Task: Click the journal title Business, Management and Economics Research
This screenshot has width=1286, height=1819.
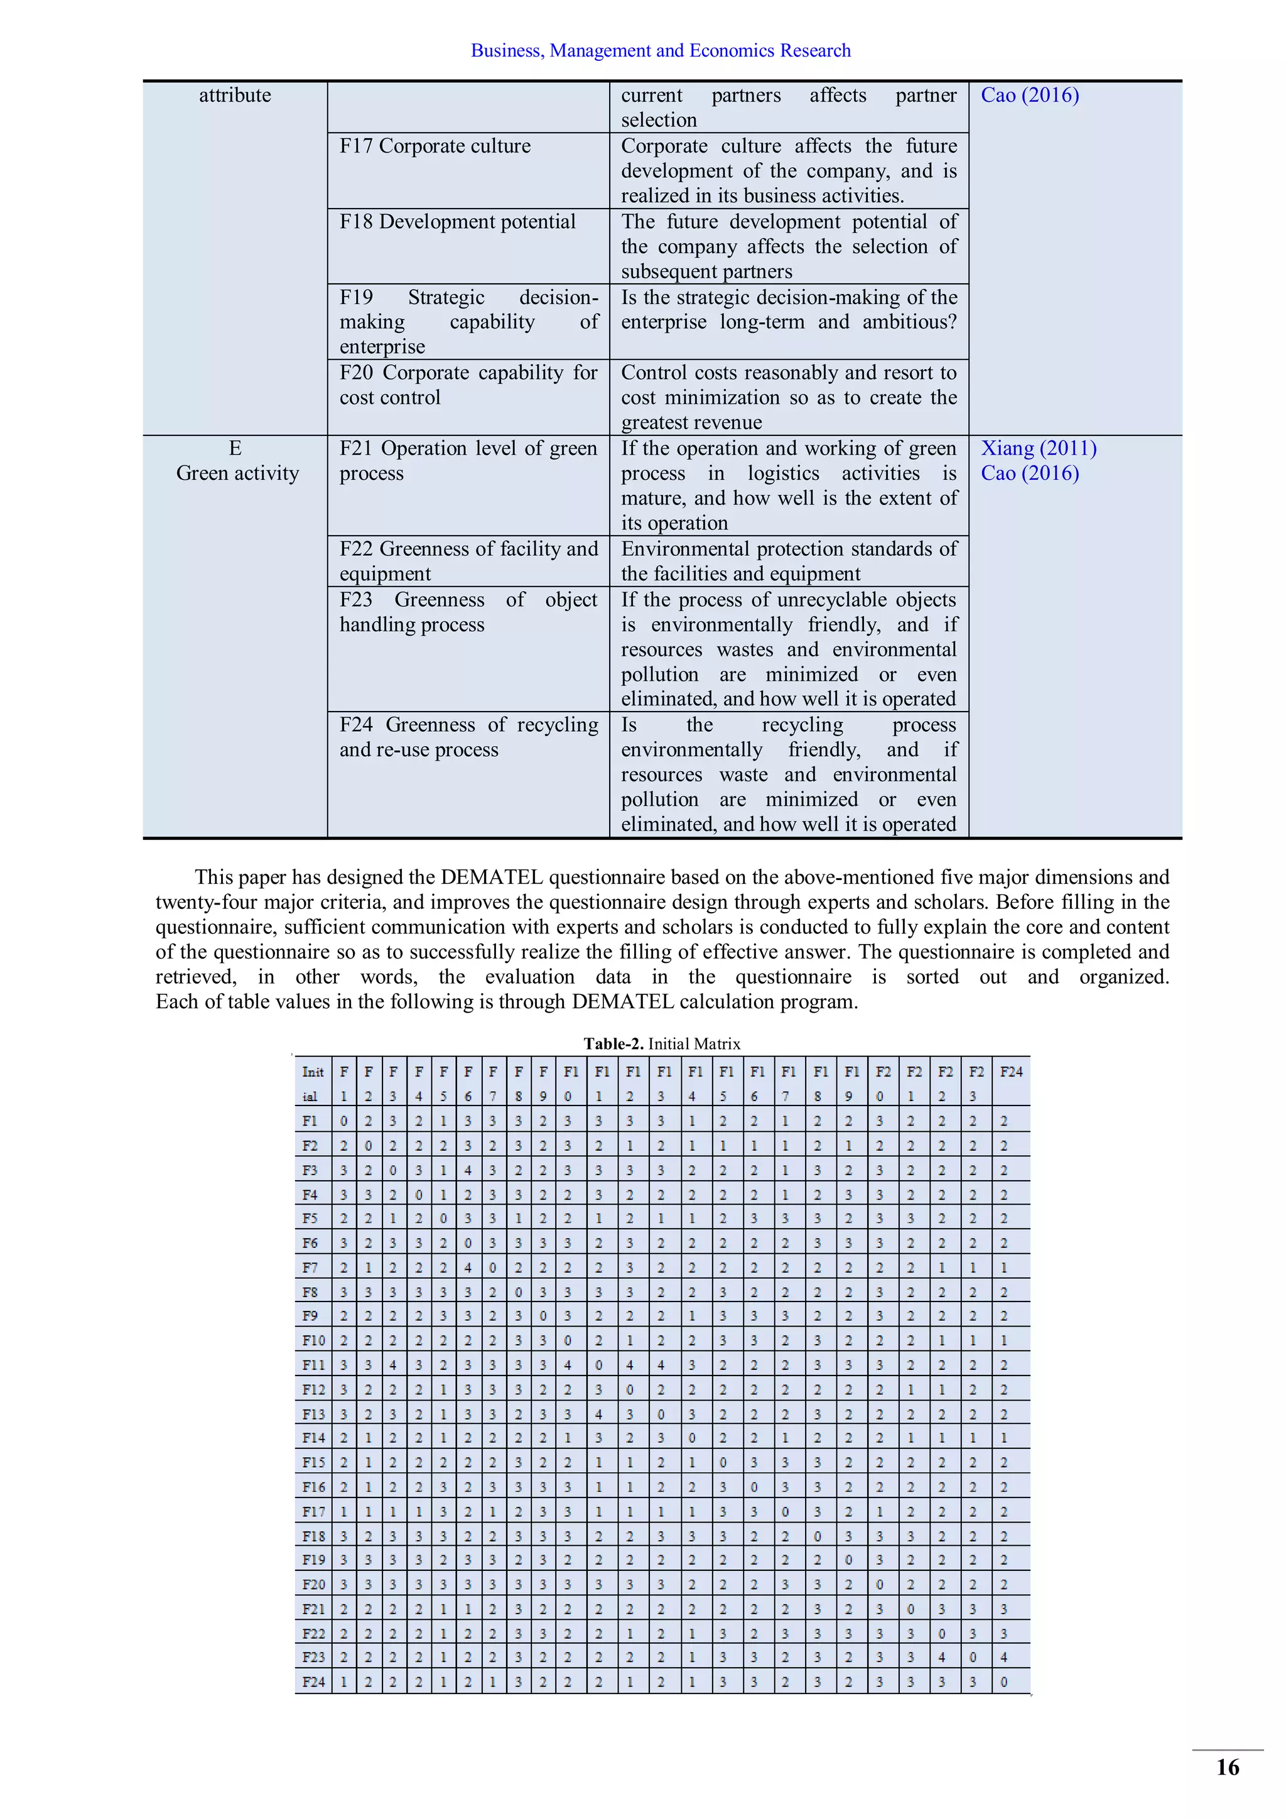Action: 661,51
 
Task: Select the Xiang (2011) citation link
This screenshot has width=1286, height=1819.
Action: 1038,448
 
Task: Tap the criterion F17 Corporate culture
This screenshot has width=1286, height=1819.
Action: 435,146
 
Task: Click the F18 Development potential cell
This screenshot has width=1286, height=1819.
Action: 457,222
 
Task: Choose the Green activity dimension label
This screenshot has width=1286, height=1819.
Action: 237,474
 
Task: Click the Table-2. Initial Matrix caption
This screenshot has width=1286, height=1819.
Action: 661,1043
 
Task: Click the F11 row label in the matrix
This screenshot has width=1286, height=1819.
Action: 313,1365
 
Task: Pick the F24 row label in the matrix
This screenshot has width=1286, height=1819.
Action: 313,1681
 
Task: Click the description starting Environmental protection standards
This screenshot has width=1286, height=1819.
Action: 788,561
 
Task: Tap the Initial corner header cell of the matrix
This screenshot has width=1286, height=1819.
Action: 313,1083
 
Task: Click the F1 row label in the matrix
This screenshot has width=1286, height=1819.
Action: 310,1121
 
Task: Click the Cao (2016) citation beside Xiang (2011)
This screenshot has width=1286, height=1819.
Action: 1029,474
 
